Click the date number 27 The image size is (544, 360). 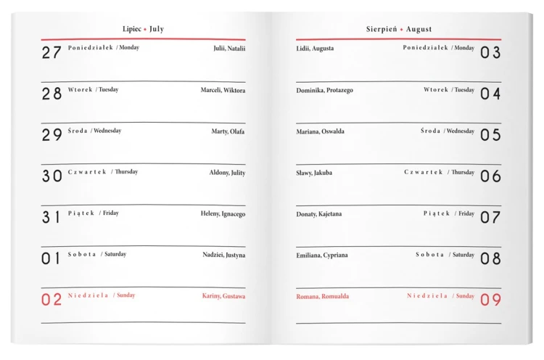pos(51,52)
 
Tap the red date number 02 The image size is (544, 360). pos(51,300)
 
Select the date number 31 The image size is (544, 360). pos(51,217)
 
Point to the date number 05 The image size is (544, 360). pos(490,135)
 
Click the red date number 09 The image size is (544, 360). pos(490,300)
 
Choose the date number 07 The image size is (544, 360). pos(490,217)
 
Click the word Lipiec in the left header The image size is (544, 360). pos(133,29)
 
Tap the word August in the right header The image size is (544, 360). pos(419,29)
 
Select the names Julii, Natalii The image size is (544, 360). pos(229,49)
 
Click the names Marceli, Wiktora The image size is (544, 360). pos(223,90)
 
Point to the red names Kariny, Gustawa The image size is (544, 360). pos(223,296)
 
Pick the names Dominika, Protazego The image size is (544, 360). pos(324,90)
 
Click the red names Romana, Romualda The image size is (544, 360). pos(322,296)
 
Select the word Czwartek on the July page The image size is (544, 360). pos(87,172)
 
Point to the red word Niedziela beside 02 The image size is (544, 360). pos(88,295)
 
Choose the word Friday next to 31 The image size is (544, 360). pos(110,213)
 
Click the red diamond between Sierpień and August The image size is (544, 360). pos(401,30)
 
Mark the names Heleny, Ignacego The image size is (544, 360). pos(223,213)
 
